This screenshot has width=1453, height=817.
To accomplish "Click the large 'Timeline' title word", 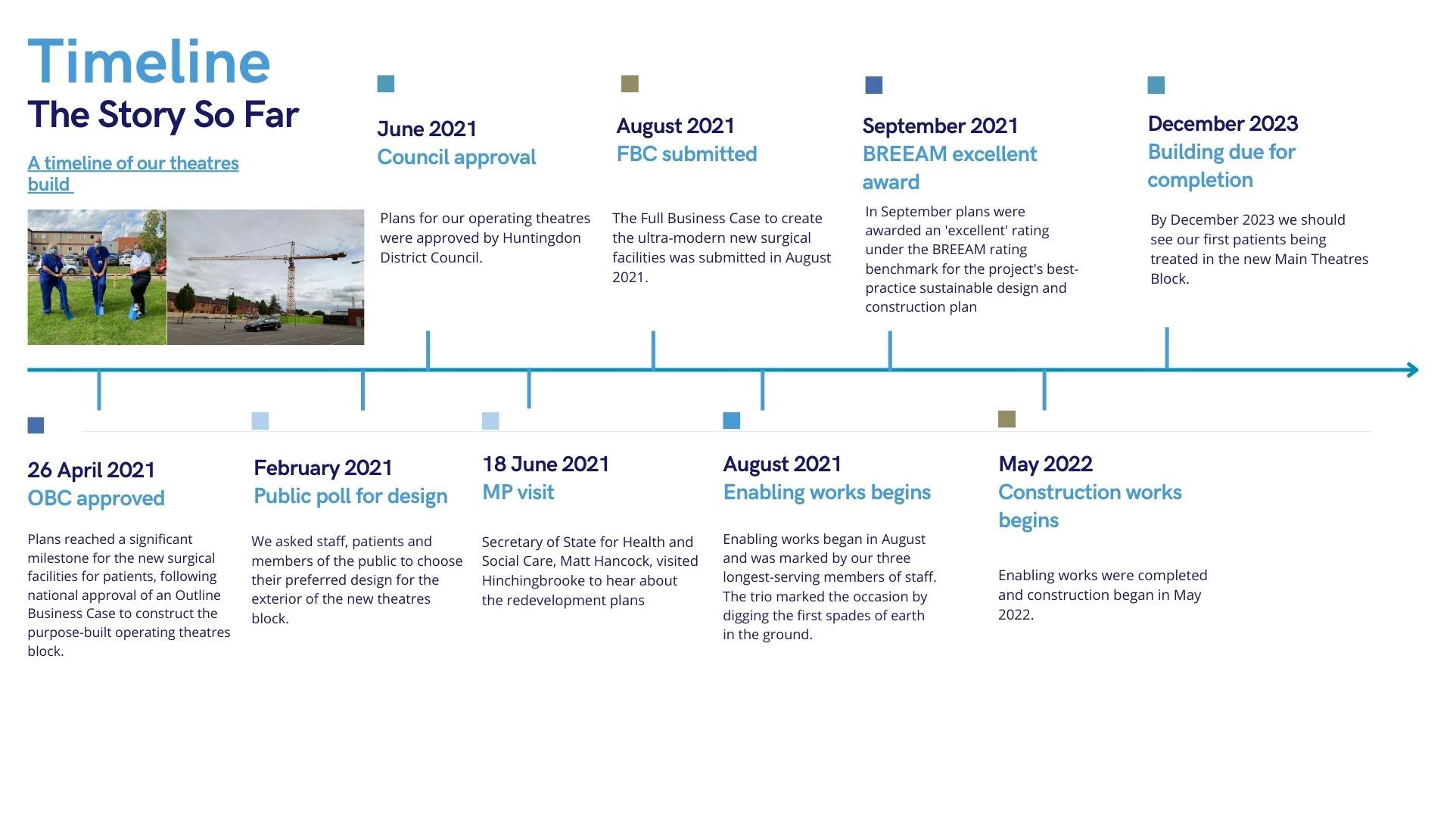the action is tap(149, 62).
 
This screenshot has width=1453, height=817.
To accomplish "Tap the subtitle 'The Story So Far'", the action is tap(163, 115).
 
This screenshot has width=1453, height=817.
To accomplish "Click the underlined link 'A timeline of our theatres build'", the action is tap(133, 173).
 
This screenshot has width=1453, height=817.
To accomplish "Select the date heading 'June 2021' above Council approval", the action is tap(427, 129).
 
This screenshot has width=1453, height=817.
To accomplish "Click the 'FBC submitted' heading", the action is tap(686, 154).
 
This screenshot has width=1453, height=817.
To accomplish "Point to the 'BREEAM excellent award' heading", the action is tap(950, 168).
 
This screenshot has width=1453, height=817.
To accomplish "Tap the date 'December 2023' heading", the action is tap(1223, 123).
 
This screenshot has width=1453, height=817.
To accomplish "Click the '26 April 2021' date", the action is tap(91, 470).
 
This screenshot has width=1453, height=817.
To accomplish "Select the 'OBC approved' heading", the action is tap(96, 499).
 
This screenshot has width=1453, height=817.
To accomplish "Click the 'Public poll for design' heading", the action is tap(350, 496).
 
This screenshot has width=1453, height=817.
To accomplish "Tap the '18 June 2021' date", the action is tap(546, 464).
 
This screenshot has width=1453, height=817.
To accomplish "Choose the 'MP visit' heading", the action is tap(518, 492).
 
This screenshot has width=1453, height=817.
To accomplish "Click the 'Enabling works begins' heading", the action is tap(826, 492).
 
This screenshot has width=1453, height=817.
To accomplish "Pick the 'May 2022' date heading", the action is tap(1045, 464).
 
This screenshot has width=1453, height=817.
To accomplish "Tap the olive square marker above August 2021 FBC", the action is tap(630, 84).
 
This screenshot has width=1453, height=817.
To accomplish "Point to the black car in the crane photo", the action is tap(263, 325).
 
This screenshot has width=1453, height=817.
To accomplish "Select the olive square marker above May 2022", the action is tap(1007, 419).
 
